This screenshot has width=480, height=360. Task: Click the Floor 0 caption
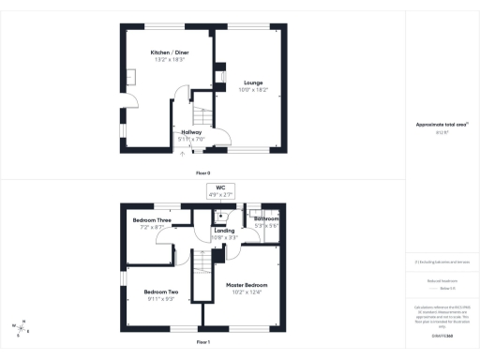click(x=202, y=173)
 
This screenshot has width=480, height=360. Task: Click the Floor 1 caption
click(x=202, y=343)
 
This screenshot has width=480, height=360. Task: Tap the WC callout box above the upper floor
click(x=221, y=190)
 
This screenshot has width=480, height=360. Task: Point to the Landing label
click(x=224, y=231)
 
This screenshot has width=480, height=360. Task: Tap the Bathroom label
click(x=267, y=219)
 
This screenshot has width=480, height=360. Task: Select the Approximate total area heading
click(x=436, y=124)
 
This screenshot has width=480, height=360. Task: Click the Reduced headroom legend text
click(x=436, y=279)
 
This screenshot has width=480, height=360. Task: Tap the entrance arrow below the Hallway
click(x=181, y=152)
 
